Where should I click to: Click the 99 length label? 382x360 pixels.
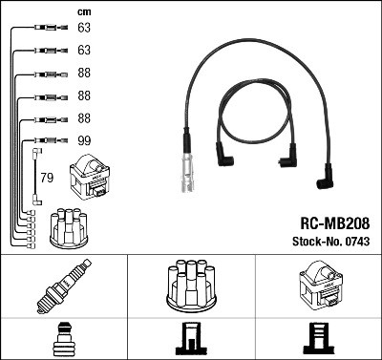(84, 139)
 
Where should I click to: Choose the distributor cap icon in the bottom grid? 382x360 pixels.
(190, 286)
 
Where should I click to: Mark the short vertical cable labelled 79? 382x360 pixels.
(36, 176)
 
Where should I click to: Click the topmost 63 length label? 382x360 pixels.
(84, 29)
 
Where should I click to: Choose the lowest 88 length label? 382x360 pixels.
(84, 118)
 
